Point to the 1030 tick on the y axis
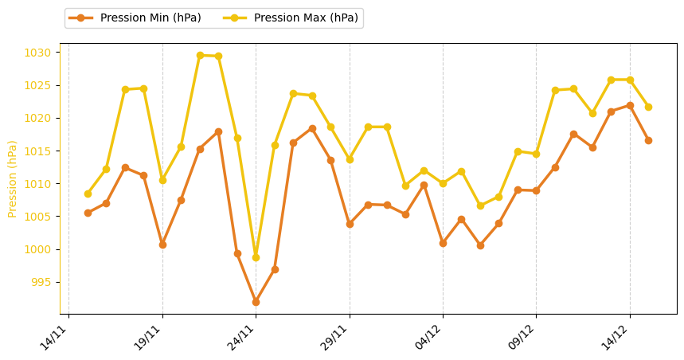41,53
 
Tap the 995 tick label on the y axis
44,283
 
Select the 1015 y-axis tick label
41,151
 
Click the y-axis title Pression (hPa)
13,178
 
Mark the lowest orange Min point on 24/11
256,302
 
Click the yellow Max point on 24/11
256,257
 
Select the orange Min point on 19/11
162,245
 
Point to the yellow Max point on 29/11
350,159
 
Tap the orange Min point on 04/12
443,243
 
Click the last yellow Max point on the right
648,107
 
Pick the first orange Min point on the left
88,213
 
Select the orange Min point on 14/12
630,105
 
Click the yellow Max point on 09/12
536,154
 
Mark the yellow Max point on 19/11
162,180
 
